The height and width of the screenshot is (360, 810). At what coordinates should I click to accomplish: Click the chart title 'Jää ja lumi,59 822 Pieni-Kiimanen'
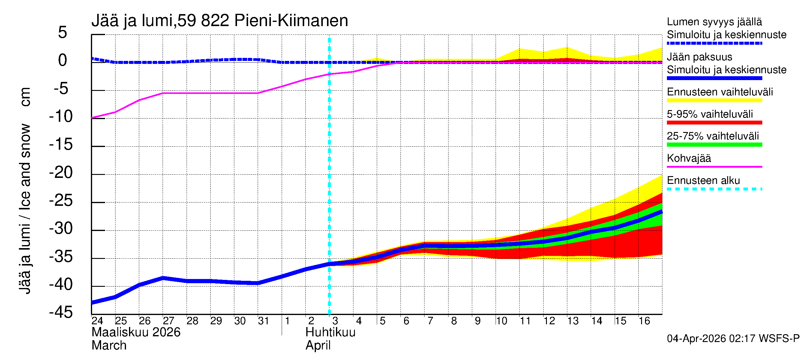[220, 21]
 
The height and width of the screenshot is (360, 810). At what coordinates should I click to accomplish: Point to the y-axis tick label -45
[61, 312]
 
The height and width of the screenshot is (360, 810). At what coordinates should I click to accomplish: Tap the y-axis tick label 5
[63, 32]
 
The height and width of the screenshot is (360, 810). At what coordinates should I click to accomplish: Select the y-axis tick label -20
[61, 172]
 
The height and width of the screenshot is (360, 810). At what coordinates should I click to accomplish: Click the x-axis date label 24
[97, 321]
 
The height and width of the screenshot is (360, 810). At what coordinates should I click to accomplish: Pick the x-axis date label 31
[263, 321]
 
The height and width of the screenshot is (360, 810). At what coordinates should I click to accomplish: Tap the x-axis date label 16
[644, 321]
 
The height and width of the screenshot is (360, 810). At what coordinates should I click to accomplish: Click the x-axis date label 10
[501, 321]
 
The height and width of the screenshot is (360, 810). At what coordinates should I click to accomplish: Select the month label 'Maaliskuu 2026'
[136, 332]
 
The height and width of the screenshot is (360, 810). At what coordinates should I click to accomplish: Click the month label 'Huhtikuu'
[330, 332]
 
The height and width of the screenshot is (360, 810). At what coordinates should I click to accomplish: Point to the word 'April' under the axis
[318, 346]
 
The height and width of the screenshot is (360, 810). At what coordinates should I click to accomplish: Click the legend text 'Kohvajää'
[688, 158]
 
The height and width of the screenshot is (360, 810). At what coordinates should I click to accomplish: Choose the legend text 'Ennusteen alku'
[703, 181]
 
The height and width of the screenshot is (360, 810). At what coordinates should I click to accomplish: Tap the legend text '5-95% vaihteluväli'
[710, 114]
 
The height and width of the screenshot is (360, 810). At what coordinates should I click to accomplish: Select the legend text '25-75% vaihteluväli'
[712, 136]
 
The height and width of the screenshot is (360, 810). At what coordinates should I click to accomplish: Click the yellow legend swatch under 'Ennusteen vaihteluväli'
[714, 100]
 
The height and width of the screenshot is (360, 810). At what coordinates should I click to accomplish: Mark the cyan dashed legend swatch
[714, 189]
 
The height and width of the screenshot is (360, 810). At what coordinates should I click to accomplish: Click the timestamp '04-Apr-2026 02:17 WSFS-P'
[733, 338]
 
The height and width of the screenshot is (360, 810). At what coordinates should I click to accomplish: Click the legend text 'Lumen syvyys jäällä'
[714, 22]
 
